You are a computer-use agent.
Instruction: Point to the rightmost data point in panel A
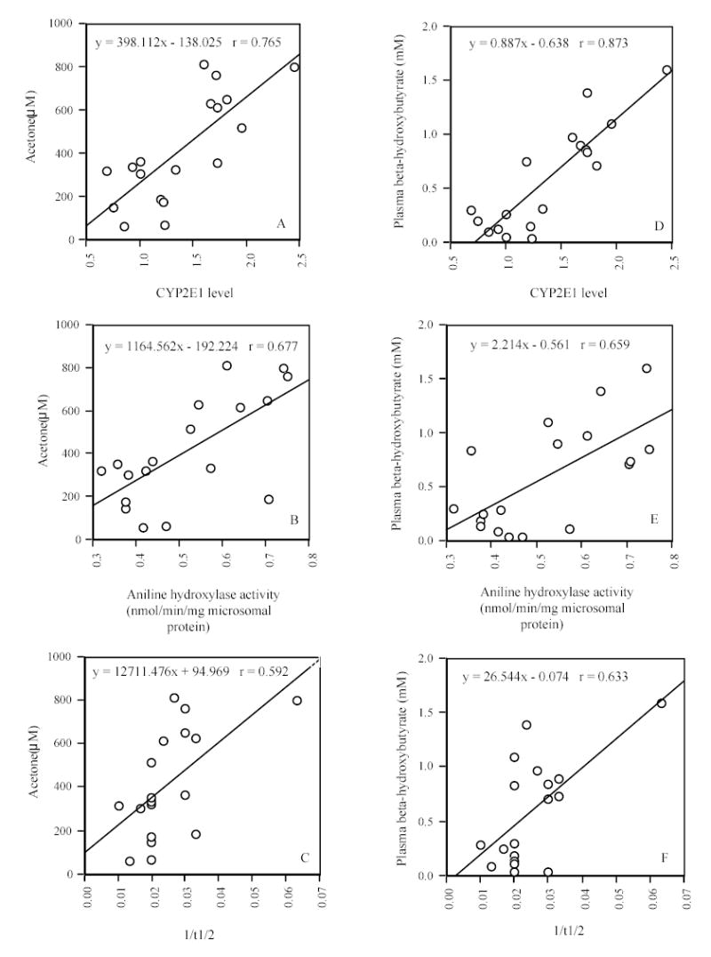pos(294,68)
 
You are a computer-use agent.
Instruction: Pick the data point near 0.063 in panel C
pos(297,701)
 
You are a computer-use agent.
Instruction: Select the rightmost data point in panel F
pos(661,703)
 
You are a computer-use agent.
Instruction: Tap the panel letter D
pos(659,225)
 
